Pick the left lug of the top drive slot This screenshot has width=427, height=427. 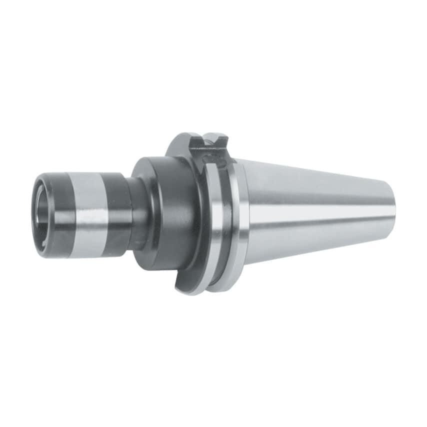pos(196,142)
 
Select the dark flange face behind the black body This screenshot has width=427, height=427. pos(182,150)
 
